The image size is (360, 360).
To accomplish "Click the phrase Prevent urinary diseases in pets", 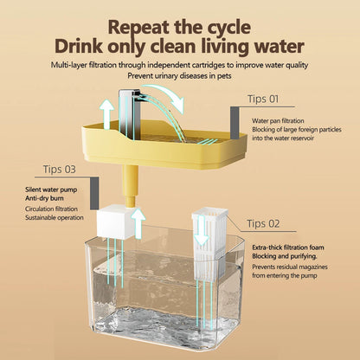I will click(x=179, y=74).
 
